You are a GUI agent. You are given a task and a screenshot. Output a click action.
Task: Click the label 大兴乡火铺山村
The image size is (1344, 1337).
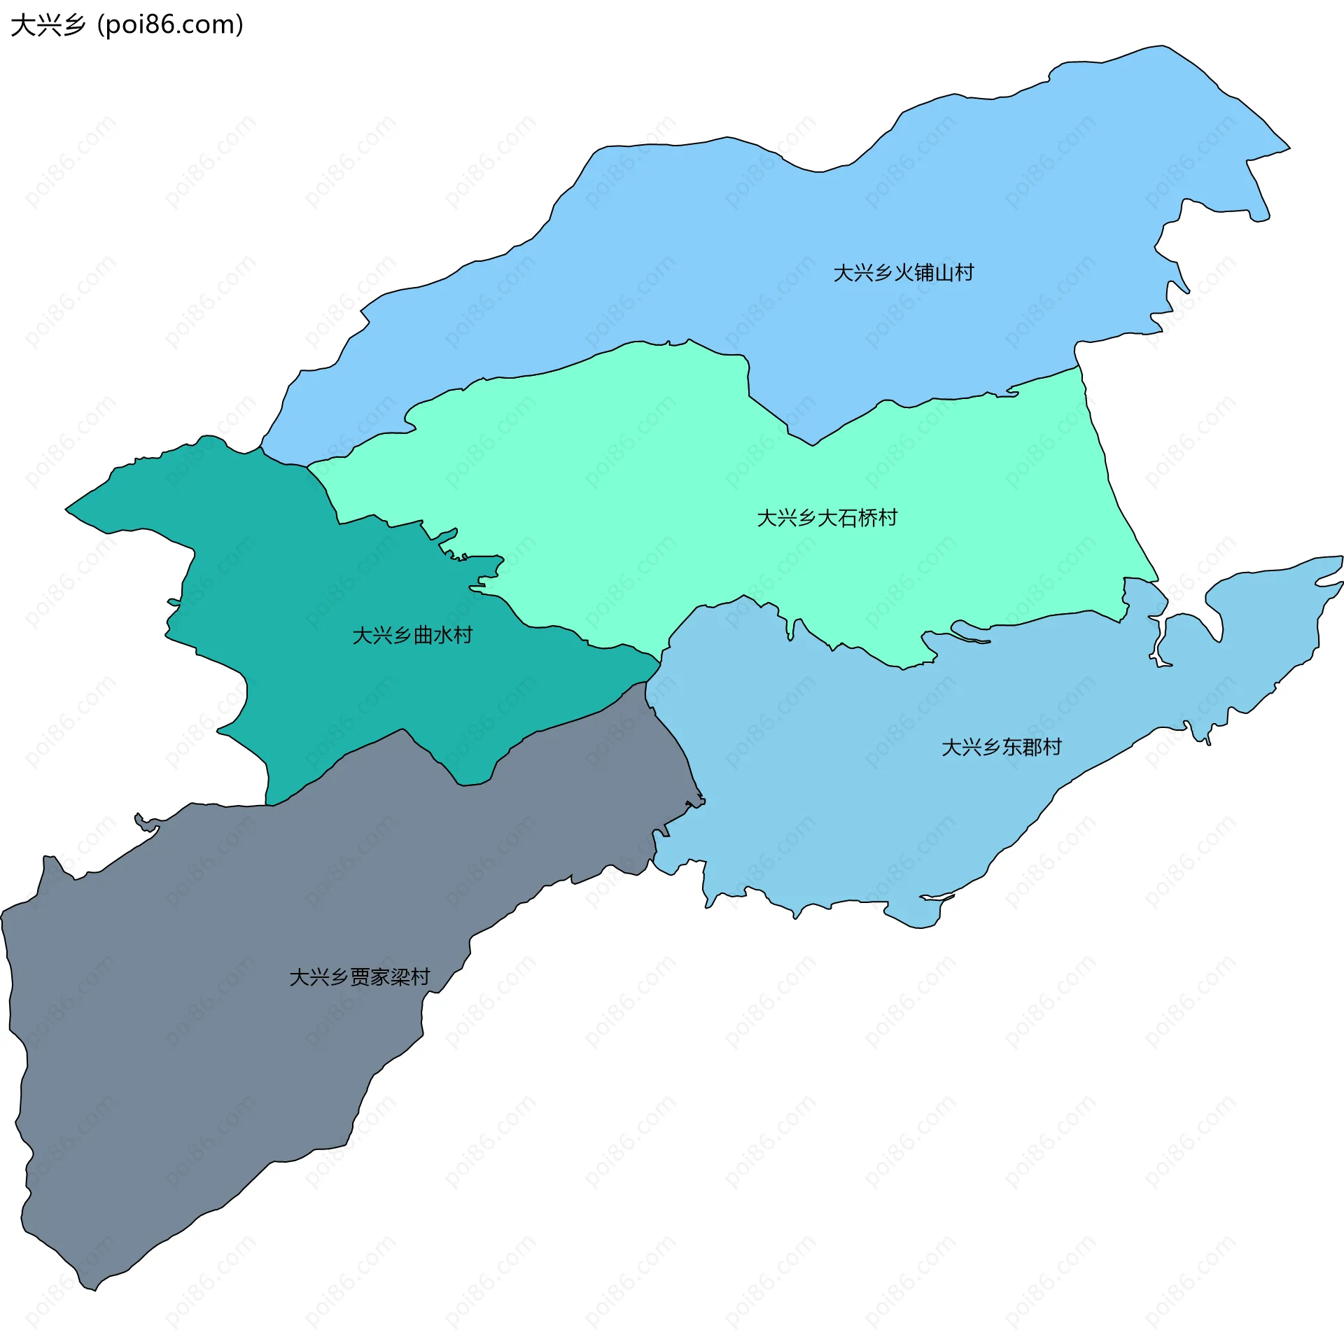click(903, 273)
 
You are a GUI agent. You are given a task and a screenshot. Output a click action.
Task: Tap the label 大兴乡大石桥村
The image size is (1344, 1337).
click(827, 518)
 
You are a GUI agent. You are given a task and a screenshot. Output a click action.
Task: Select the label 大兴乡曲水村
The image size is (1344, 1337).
click(412, 635)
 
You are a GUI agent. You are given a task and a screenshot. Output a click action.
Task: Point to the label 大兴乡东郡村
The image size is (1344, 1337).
click(1001, 747)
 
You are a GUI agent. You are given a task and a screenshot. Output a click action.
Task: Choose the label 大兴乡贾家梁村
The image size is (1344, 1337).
click(359, 977)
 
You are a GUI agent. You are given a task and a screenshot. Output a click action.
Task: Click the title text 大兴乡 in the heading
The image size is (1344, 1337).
click(48, 25)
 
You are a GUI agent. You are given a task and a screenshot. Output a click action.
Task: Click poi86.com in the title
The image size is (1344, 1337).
click(170, 25)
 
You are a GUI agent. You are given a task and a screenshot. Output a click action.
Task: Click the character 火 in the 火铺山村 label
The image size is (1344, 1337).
click(904, 273)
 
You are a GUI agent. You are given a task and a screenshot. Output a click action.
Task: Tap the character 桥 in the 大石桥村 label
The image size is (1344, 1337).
click(867, 518)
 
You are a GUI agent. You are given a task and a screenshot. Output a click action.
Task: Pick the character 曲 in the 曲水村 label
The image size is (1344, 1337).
click(423, 635)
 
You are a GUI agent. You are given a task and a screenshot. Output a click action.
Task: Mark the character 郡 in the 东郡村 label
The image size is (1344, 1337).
click(1031, 747)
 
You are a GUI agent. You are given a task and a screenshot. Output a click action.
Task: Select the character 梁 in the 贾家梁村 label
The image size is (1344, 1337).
click(400, 977)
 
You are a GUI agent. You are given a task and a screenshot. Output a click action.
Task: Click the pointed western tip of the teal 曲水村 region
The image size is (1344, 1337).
click(66, 509)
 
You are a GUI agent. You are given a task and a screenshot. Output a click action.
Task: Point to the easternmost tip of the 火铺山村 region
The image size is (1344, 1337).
click(1289, 148)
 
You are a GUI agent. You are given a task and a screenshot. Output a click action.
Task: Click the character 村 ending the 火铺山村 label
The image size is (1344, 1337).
click(965, 273)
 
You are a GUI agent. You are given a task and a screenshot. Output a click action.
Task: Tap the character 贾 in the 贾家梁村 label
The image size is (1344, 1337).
click(360, 977)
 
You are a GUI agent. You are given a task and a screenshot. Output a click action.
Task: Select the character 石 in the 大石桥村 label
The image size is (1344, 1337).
click(847, 518)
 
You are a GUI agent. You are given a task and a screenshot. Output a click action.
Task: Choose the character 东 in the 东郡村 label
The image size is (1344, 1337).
click(1011, 747)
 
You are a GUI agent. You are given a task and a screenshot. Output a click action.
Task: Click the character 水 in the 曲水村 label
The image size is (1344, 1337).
click(443, 635)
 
